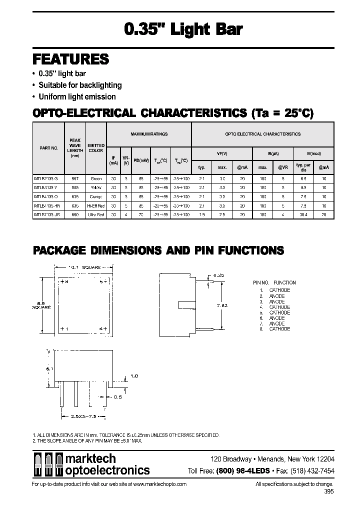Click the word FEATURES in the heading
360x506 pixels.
tap(70, 59)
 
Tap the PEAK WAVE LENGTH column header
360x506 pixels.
tap(75, 148)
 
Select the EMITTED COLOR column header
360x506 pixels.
tap(95, 148)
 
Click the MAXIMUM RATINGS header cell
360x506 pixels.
tap(149, 134)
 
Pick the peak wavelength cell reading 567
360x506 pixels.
tap(75, 178)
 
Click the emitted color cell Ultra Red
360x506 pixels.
tap(95, 214)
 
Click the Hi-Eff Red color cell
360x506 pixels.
tap(95, 205)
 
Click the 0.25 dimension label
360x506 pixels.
tap(218, 275)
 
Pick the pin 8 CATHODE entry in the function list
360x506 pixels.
tap(279, 329)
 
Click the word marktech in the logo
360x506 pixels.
tap(91, 458)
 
